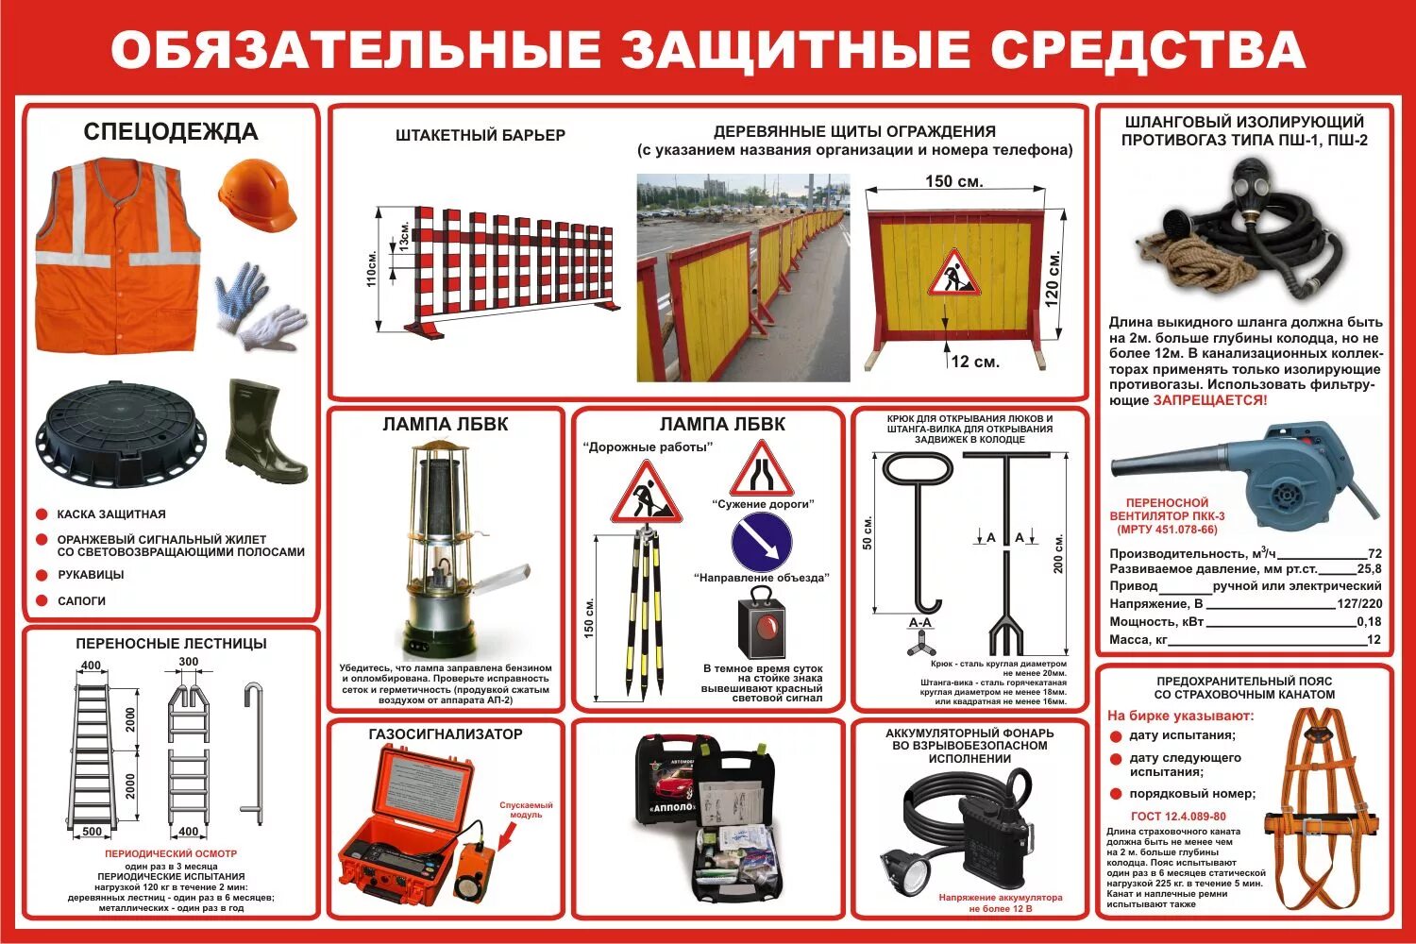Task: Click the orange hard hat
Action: point(257,194)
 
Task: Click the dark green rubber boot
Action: point(263,431)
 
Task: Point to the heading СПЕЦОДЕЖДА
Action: point(171,131)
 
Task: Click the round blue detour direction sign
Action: point(761,544)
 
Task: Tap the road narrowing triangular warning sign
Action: point(762,469)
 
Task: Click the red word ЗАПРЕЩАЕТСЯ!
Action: point(1210,400)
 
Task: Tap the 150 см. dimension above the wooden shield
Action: point(953,181)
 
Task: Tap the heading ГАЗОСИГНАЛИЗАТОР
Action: point(446,733)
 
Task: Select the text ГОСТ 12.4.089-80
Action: point(1178,817)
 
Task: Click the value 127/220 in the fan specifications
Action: point(1359,604)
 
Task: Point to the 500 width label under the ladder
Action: point(92,832)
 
